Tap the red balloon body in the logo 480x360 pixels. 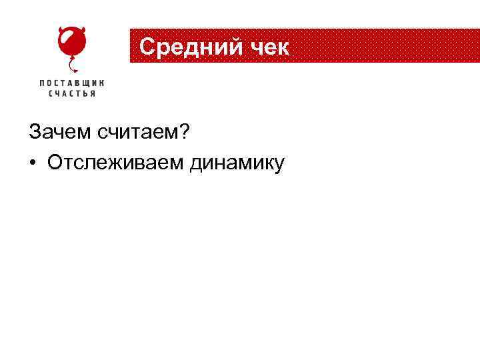71,43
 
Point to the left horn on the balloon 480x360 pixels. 61,30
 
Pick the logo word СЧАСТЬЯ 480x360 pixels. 72,94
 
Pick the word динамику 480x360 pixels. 237,162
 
